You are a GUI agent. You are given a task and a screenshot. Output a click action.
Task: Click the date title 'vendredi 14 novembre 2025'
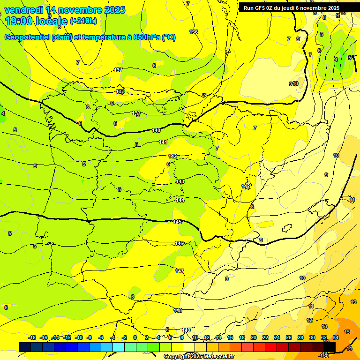point(65,10)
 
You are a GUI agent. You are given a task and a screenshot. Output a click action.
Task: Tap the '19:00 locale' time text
point(37,21)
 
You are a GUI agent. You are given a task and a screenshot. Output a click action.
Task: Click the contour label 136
point(194,32)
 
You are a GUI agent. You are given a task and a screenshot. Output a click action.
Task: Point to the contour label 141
point(163,142)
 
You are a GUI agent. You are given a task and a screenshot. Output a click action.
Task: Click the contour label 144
point(180,200)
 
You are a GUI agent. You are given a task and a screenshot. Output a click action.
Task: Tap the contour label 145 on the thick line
point(177,222)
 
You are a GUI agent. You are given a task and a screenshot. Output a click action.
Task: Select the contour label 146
point(179,243)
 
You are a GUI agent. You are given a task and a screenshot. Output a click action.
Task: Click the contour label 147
point(180,271)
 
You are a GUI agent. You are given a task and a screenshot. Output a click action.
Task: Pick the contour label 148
point(178,310)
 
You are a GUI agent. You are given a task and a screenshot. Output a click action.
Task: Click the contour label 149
point(186,330)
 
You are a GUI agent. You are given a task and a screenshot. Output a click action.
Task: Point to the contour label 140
point(156,130)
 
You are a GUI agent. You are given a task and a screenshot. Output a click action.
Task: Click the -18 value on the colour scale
point(32,337)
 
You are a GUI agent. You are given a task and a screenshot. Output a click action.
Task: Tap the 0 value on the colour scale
point(135,337)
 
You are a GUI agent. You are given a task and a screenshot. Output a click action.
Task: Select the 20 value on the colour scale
point(254,337)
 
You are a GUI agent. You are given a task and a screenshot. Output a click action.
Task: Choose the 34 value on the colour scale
point(335,337)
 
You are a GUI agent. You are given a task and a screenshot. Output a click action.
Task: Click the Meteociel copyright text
point(199,356)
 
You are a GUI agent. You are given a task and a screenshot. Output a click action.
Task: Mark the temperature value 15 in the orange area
point(347,332)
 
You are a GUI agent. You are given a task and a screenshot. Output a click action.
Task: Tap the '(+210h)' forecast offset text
point(83,21)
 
